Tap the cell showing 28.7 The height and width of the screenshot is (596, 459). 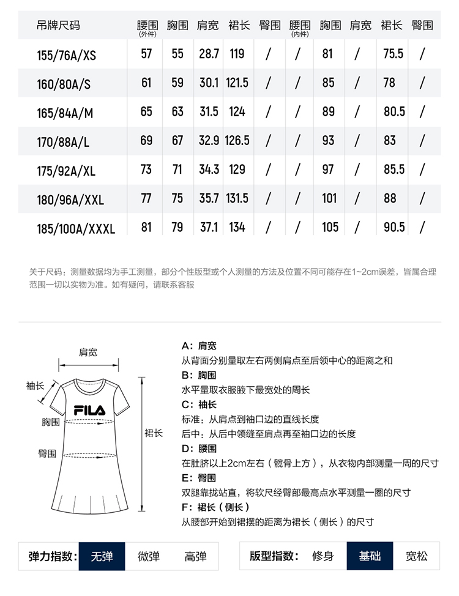(209, 54)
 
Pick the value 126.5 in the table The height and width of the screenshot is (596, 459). (237, 141)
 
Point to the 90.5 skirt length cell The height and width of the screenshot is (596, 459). (394, 228)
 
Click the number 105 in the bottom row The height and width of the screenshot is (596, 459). (329, 228)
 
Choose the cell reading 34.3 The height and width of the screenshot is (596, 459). (209, 169)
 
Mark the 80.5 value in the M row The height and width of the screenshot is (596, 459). (394, 112)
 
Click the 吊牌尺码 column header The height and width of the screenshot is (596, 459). (58, 25)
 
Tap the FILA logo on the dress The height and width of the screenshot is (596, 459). (89, 409)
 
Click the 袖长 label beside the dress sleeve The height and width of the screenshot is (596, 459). (35, 386)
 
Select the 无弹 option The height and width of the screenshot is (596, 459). (102, 556)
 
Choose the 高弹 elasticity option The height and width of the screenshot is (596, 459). (195, 556)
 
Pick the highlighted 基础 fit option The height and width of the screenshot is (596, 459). (370, 556)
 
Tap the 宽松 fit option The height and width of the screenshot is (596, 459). (417, 556)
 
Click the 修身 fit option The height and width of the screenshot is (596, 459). (323, 556)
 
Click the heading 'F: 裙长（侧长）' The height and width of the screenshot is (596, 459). (215, 507)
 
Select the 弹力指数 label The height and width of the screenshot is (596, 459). (53, 556)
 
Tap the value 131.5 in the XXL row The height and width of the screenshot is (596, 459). (237, 199)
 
